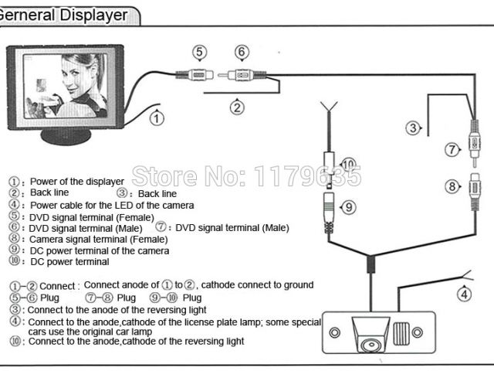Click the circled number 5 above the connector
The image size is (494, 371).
[x=200, y=53]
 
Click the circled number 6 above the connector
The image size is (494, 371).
[x=242, y=53]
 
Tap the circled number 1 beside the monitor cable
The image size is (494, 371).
[x=157, y=118]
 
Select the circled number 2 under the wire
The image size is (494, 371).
[x=238, y=107]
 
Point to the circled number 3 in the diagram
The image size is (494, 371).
[x=414, y=128]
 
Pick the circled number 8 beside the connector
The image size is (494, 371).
[x=452, y=185]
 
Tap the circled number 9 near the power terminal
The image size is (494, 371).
[x=348, y=208]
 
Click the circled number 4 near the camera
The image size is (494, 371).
[x=464, y=293]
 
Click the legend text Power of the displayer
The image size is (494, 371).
[x=77, y=182]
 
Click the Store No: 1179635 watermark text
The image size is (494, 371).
[x=246, y=176]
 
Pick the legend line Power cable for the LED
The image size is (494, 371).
[x=112, y=205]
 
